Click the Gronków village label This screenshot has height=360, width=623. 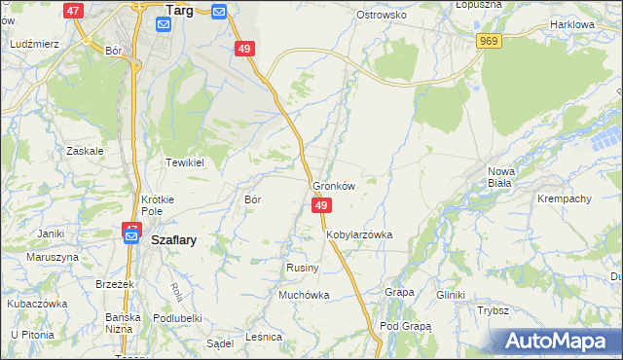click(x=334, y=186)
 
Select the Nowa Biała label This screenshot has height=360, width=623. click(x=501, y=176)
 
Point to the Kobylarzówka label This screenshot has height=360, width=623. click(x=359, y=234)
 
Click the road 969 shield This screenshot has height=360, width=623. click(x=489, y=40)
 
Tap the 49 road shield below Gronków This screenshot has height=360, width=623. click(x=322, y=205)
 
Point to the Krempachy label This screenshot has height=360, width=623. click(x=565, y=198)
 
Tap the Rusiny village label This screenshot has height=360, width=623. click(x=298, y=268)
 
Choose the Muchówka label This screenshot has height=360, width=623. click(x=304, y=294)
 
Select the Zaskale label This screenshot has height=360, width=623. click(x=85, y=151)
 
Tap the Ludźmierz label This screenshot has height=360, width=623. click(x=33, y=44)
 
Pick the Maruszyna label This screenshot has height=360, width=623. click(x=53, y=257)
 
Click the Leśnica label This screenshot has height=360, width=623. click(x=264, y=337)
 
